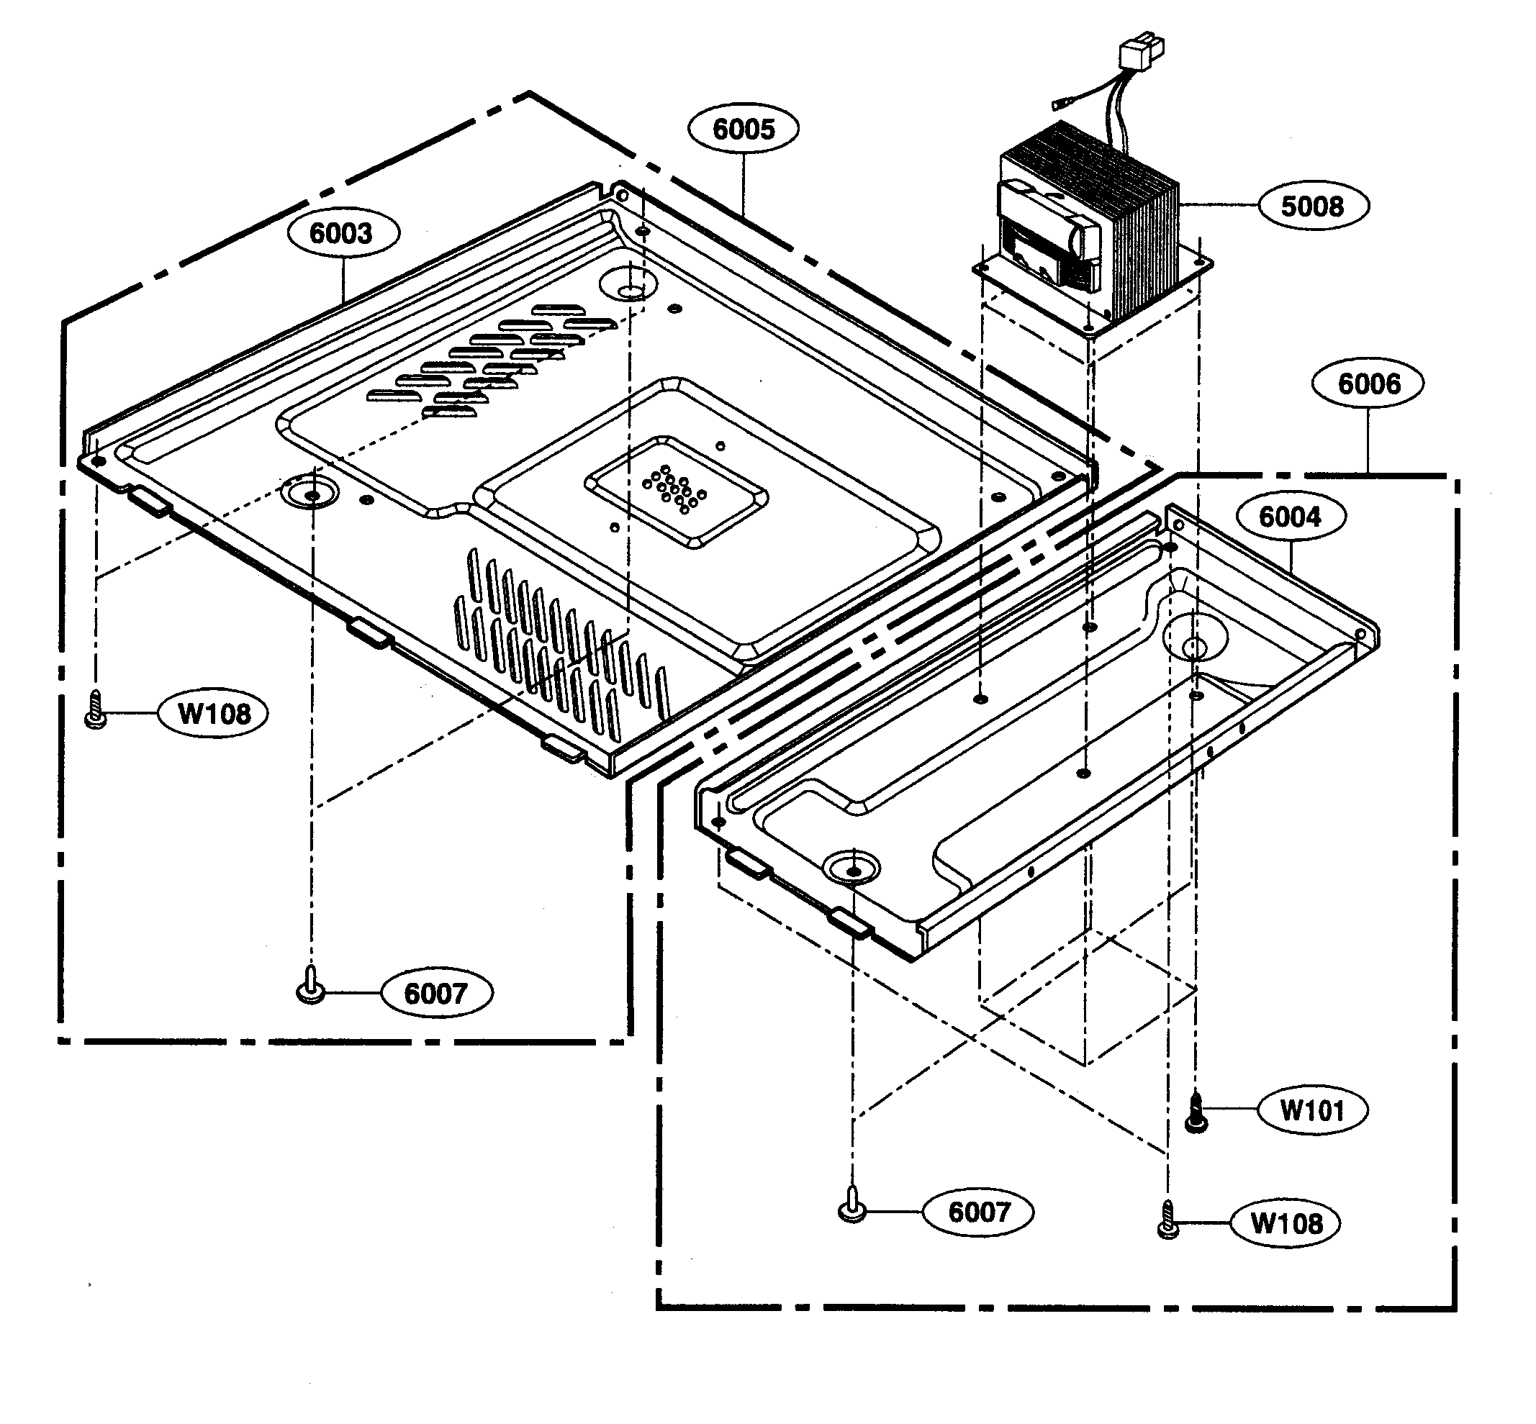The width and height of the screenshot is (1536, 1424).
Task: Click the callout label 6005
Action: click(x=743, y=129)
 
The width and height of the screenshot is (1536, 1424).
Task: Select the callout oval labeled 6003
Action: click(x=342, y=232)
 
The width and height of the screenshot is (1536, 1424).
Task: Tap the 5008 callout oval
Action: click(x=1312, y=206)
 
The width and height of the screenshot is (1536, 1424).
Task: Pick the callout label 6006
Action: click(x=1368, y=383)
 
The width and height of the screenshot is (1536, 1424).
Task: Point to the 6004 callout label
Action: click(x=1290, y=516)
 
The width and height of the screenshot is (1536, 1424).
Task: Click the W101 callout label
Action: click(x=1311, y=1110)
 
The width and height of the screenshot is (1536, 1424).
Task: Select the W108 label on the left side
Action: click(x=214, y=714)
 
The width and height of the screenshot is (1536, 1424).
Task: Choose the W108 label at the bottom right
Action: click(x=1286, y=1224)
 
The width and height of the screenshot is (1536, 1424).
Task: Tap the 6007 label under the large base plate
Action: click(x=436, y=993)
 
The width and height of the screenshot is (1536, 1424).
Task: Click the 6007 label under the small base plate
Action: click(x=979, y=1212)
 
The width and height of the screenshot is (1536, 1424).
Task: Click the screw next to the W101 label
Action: click(x=1196, y=1112)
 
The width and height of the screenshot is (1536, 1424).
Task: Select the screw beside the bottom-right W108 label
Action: click(x=1168, y=1220)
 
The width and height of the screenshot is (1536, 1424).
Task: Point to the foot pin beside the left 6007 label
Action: click(x=310, y=987)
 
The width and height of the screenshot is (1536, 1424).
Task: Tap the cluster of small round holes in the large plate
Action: click(x=674, y=489)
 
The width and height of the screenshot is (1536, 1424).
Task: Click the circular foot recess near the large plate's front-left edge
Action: click(x=311, y=492)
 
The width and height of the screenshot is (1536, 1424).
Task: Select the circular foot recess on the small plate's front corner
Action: click(x=851, y=868)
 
